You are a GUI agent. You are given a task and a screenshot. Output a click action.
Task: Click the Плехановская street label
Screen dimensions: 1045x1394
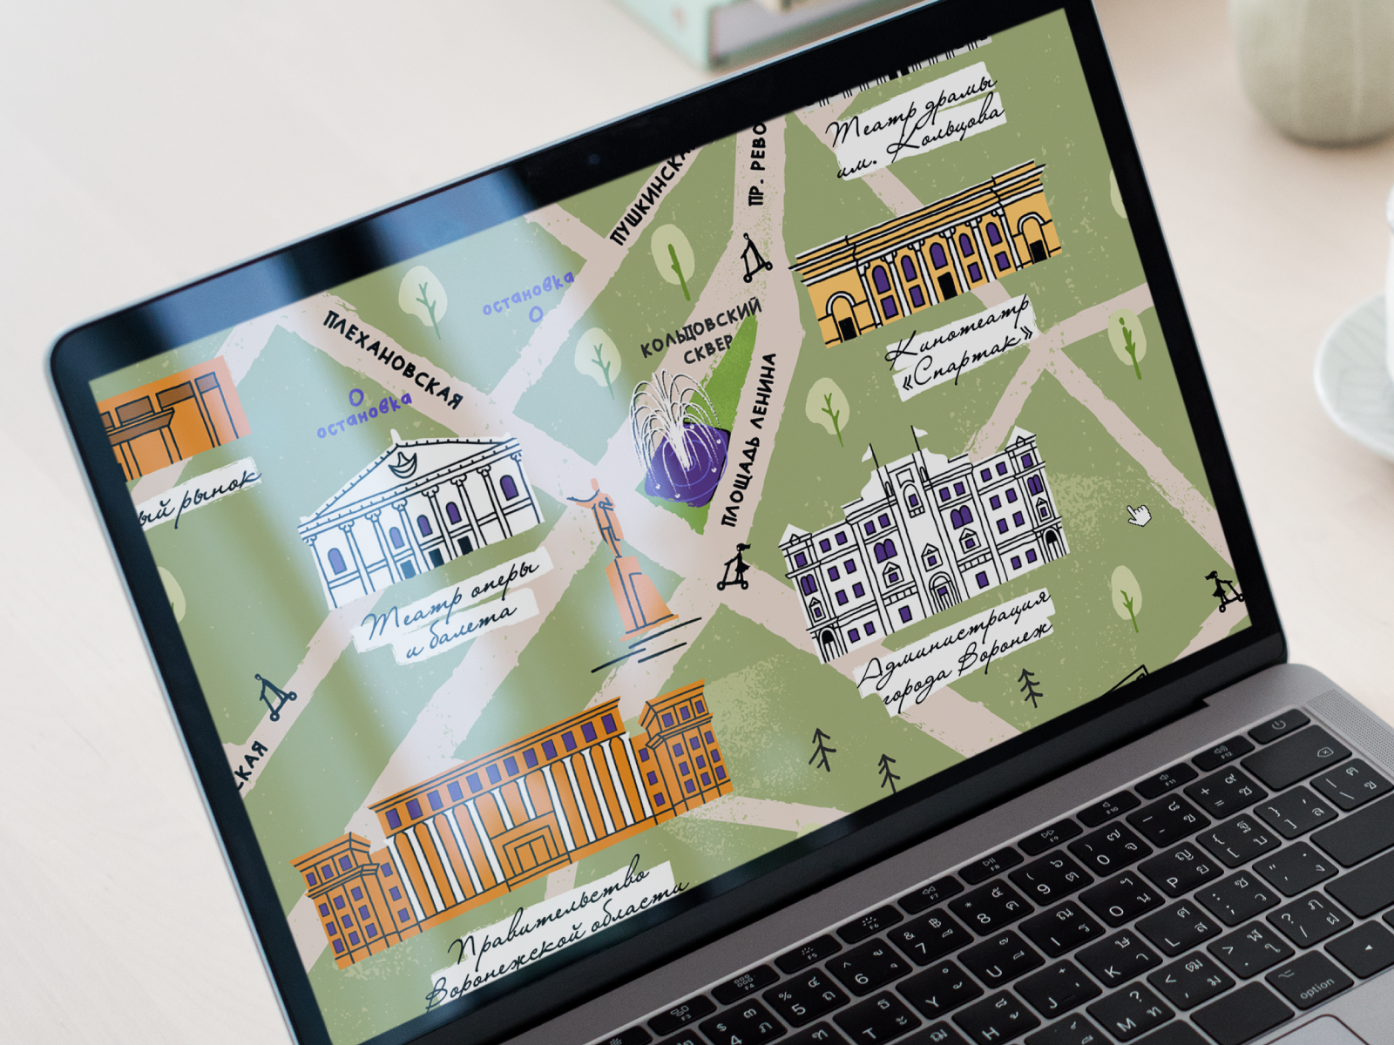(x=393, y=360)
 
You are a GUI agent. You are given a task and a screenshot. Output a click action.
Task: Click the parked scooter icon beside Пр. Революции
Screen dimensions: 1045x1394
(x=755, y=258)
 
